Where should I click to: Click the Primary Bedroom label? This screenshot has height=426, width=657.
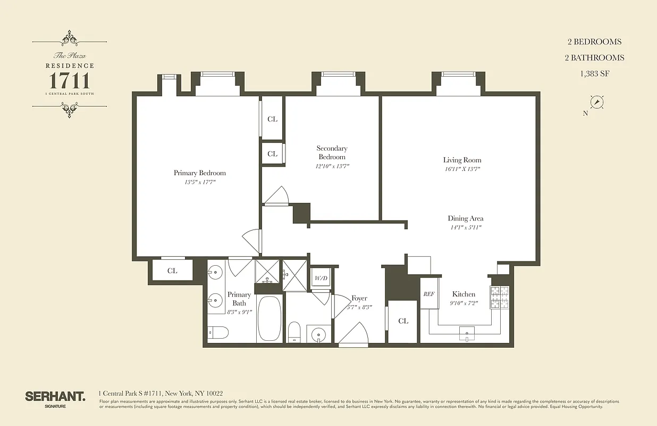[199, 173]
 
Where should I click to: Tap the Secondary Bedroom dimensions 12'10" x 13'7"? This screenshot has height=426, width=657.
[332, 166]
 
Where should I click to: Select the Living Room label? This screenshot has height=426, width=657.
[462, 160]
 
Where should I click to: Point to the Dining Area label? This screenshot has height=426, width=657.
[465, 218]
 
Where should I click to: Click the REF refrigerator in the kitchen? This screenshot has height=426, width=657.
[428, 294]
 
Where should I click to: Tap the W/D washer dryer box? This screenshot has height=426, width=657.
[321, 278]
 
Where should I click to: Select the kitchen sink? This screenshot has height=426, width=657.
[467, 333]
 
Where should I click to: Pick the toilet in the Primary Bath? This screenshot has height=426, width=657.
[218, 333]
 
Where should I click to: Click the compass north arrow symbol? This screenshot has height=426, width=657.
[597, 102]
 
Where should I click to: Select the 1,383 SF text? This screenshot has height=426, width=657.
[594, 74]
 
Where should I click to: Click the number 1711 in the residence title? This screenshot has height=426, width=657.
[69, 81]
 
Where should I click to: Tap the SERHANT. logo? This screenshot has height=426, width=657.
[55, 396]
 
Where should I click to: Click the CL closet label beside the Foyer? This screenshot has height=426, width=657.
[403, 321]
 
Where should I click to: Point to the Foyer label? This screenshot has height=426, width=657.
[359, 298]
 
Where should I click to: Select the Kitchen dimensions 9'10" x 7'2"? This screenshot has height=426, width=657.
[464, 304]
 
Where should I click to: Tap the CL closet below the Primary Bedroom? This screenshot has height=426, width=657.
[172, 271]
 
